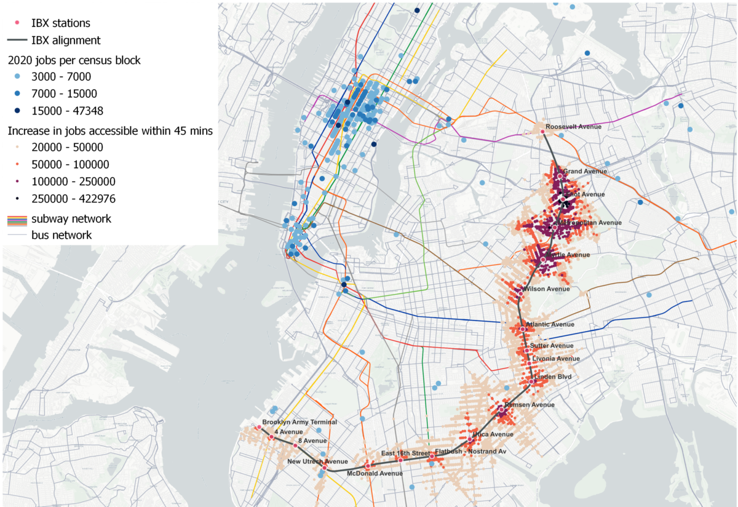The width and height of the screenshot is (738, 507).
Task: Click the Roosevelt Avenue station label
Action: click(573, 127)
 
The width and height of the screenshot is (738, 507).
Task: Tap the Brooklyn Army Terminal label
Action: click(299, 422)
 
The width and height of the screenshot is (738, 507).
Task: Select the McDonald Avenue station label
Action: click(375, 473)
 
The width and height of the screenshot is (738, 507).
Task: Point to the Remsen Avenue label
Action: click(529, 405)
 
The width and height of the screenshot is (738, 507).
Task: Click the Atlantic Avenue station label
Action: click(549, 324)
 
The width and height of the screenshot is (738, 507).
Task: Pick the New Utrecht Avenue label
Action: click(317, 461)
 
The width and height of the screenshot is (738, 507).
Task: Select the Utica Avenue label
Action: click(492, 434)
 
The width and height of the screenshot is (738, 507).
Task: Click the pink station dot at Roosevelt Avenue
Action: click(542, 131)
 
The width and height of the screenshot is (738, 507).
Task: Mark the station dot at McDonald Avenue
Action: click(367, 466)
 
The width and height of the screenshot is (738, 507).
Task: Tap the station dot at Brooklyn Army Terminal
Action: click(258, 428)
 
